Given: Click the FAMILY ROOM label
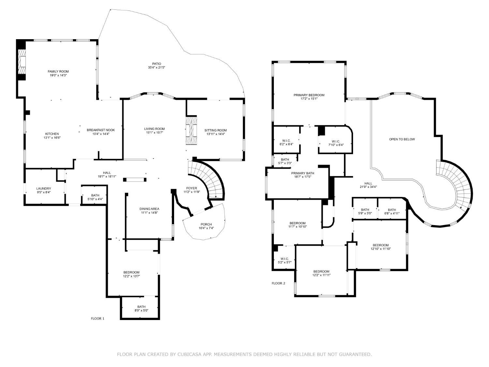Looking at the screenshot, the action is (x=58, y=71).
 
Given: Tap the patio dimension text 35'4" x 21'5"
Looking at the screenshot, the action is (x=156, y=68).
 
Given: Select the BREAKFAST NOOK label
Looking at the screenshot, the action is (x=101, y=130).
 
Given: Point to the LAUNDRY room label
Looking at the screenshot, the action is (x=44, y=189).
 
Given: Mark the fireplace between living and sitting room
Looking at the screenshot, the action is (x=191, y=130).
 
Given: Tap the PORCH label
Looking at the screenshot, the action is (x=206, y=224).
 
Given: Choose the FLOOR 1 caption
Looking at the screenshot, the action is (x=97, y=319).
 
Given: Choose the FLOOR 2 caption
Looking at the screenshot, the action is (x=278, y=283).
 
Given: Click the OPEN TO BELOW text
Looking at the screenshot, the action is (x=402, y=139).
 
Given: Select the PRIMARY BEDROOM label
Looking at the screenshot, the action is (x=309, y=95).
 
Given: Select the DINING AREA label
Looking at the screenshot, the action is (x=149, y=209).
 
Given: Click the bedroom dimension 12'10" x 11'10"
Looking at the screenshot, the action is (x=380, y=249).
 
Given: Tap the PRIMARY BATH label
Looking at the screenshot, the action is (x=303, y=173).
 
